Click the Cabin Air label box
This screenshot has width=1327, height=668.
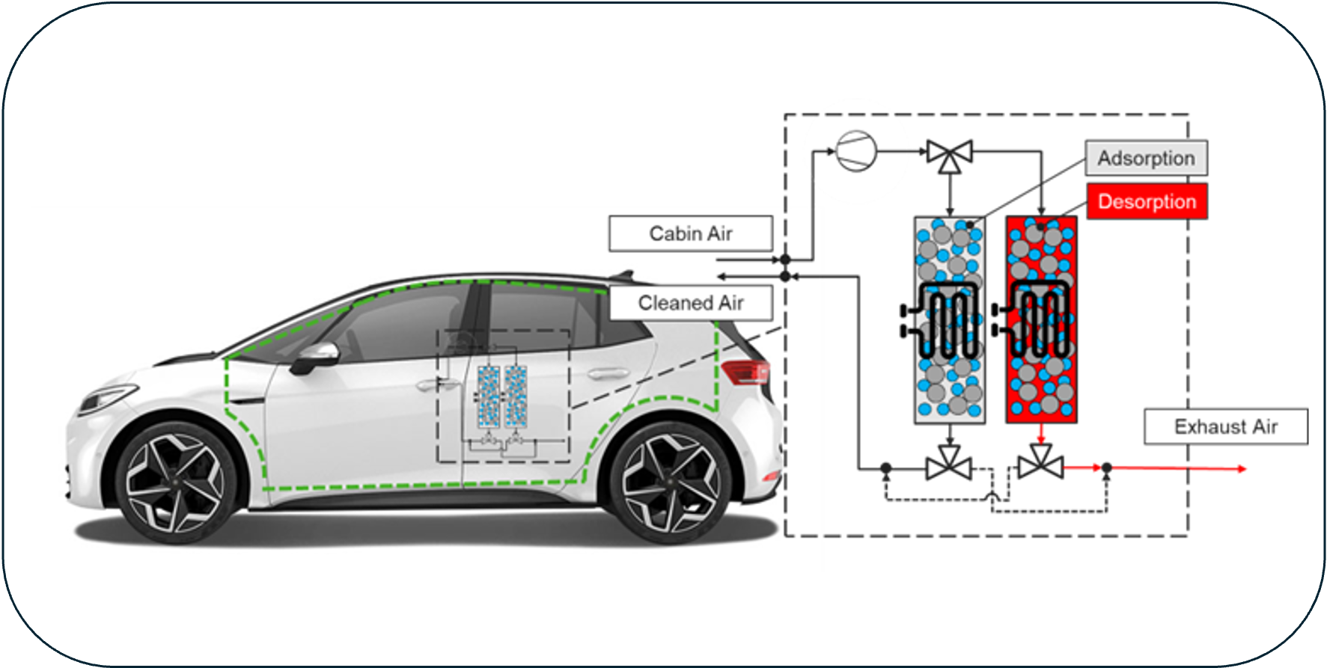pos(690,234)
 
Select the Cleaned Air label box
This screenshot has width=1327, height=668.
pos(690,303)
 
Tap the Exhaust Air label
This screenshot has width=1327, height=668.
pos(1225,427)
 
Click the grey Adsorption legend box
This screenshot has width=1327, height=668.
pos(1146,159)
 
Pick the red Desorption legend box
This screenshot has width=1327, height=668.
pos(1147,202)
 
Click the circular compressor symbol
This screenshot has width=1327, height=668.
pos(855,152)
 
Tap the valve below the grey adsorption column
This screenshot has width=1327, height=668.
pos(949,465)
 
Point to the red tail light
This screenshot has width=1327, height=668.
pos(747,371)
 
